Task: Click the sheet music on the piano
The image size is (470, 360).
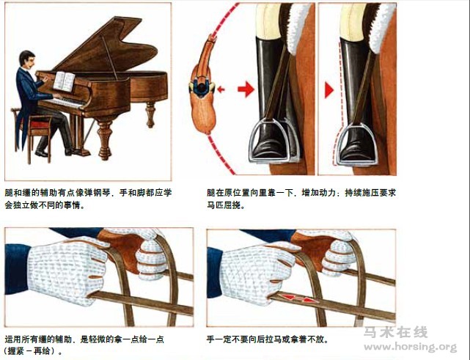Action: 64,81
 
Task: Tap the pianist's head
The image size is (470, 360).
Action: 27,60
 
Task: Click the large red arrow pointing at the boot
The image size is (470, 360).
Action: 246,89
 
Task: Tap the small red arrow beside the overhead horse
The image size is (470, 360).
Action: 221,89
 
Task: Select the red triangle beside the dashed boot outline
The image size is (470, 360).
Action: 328,90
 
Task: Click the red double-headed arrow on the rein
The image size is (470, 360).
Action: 297,298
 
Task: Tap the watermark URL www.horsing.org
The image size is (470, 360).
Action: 410,347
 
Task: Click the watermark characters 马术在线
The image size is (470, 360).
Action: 396,332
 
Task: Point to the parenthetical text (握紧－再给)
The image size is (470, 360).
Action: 32,351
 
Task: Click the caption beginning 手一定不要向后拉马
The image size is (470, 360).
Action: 268,339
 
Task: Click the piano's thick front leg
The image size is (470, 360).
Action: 105,139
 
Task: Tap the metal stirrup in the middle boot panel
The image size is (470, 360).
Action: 273,140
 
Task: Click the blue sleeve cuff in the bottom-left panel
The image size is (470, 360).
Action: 15,269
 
